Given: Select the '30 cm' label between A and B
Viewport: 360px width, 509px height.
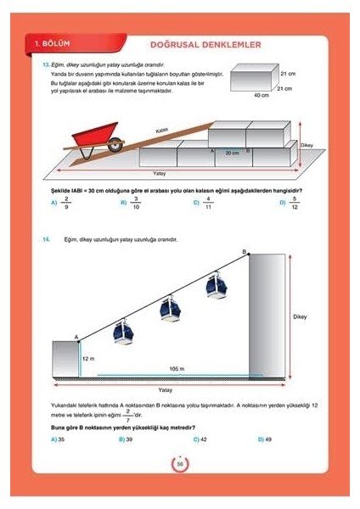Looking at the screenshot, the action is (231, 153).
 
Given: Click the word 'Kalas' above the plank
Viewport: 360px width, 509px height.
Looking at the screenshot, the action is (161, 130).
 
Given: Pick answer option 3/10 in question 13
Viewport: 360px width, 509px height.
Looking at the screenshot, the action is (136, 204).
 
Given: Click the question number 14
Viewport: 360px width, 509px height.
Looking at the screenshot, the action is (46, 240).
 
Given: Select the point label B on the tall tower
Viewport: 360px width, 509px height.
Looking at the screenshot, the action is (245, 252).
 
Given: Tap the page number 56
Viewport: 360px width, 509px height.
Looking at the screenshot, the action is (180, 465).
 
